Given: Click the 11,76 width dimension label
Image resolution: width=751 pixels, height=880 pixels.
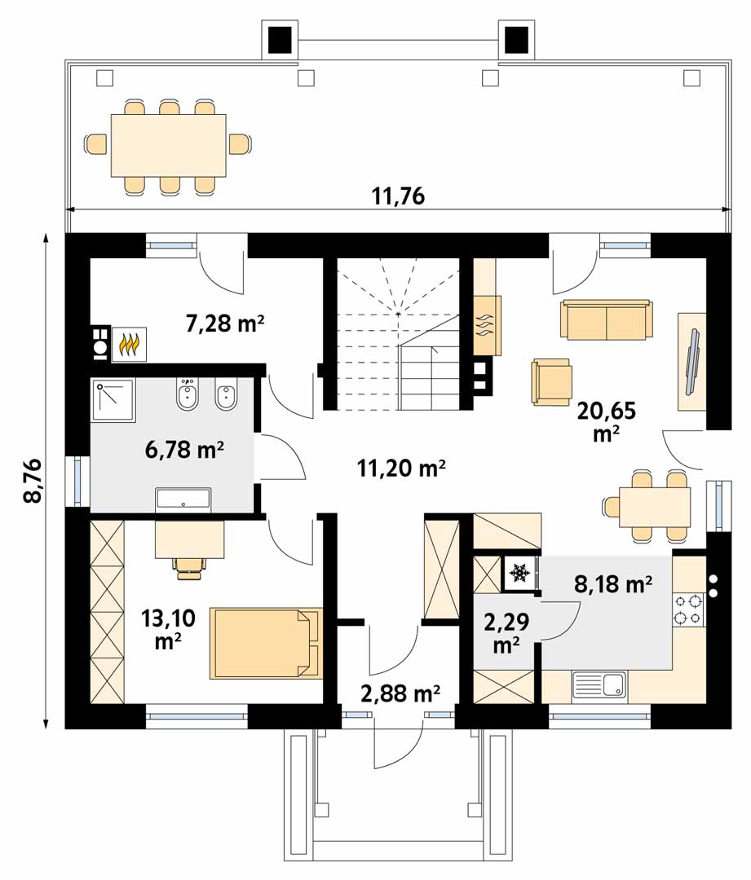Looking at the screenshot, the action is click(x=398, y=196).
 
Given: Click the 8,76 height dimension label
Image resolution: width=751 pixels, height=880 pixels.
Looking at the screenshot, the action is click(x=33, y=481).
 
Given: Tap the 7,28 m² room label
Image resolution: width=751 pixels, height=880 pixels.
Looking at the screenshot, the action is click(x=225, y=323).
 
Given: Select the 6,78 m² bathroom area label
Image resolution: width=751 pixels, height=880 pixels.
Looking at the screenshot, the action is click(x=185, y=449).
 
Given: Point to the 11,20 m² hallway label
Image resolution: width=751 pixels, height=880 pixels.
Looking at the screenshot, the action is click(x=402, y=467).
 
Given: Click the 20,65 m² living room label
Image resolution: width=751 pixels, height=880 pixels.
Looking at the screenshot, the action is click(x=606, y=421).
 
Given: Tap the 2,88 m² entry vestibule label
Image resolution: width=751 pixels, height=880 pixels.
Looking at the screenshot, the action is click(x=400, y=693).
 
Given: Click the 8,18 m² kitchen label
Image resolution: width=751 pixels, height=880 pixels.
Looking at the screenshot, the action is click(x=613, y=583).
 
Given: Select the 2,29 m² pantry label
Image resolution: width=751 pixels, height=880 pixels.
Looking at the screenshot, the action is click(x=506, y=633).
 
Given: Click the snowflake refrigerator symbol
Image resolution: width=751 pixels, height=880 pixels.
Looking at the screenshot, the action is click(x=519, y=574).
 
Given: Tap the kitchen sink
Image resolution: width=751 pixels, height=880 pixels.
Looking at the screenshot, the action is click(x=599, y=685).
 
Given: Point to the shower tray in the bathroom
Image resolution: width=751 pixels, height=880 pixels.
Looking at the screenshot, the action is click(x=113, y=400).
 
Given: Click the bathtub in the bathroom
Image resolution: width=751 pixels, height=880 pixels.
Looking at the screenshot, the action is click(x=183, y=499).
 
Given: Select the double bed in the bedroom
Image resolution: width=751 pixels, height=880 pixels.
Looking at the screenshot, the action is click(x=267, y=643).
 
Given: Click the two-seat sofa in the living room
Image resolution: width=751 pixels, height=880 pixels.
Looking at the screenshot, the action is click(x=606, y=320).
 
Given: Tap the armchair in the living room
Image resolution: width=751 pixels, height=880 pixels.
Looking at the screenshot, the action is click(x=551, y=382).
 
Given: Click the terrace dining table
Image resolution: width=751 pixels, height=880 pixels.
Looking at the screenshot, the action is click(x=169, y=145).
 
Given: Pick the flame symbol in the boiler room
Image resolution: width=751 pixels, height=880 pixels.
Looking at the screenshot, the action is click(x=129, y=345).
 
